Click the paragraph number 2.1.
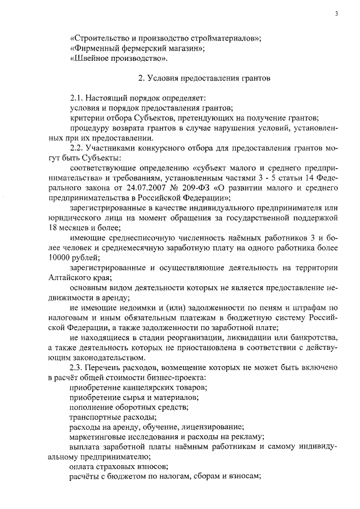(76, 98)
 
